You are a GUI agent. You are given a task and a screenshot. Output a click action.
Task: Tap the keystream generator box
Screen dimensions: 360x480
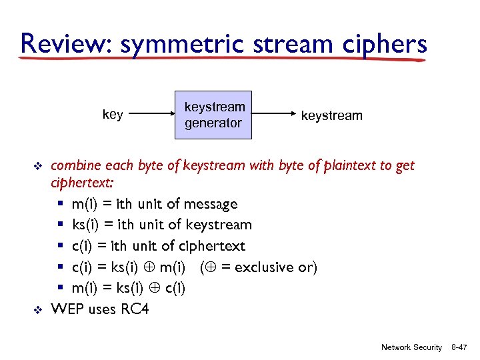click(213, 115)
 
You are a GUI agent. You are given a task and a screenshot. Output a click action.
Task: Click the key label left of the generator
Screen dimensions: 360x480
click(113, 115)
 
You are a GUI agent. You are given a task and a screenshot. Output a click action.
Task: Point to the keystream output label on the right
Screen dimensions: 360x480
click(332, 115)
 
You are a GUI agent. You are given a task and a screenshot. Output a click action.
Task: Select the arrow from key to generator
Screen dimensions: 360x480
click(150, 115)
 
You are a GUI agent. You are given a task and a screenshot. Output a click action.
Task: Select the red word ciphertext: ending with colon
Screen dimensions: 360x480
click(83, 183)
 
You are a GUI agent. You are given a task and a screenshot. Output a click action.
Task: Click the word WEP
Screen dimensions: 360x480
click(66, 309)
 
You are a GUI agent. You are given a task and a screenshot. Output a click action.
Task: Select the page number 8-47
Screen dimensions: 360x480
click(459, 347)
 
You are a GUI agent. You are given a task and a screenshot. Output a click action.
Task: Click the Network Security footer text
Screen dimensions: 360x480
click(411, 347)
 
